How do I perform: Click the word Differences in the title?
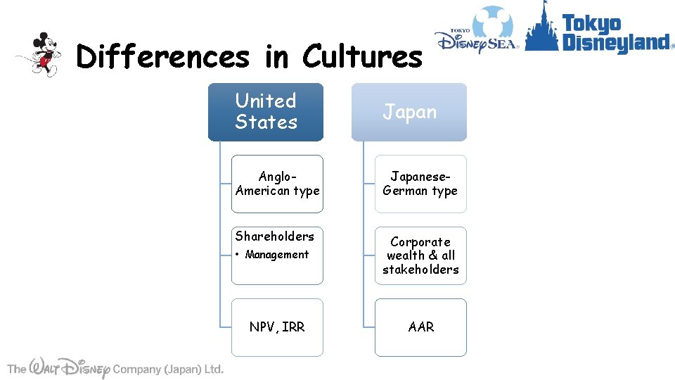(162, 56)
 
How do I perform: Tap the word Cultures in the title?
(362, 56)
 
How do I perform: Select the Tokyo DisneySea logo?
(477, 32)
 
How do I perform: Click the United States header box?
(265, 112)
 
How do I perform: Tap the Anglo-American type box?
(277, 184)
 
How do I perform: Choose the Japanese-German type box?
(420, 184)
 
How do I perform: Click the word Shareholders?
(275, 236)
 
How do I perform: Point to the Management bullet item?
(276, 255)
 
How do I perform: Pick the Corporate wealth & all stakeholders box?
(420, 255)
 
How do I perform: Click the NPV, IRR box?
(277, 327)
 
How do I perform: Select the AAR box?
(420, 327)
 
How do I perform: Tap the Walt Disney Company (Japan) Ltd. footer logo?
(115, 368)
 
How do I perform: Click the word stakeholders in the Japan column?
(420, 270)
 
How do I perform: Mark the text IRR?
(292, 327)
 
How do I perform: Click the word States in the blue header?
(266, 122)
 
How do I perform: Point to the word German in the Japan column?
(406, 191)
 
